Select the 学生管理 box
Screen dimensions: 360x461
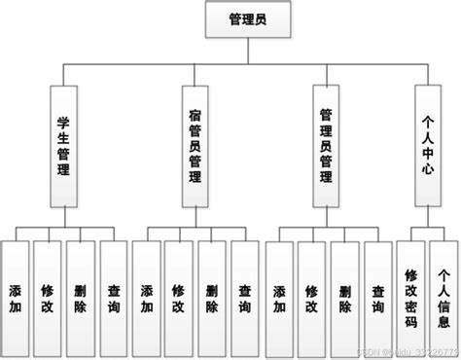[x=63, y=145]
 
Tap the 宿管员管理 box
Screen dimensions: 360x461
[x=195, y=145]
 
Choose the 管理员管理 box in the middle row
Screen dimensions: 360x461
[x=328, y=145]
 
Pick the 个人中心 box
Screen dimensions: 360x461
[x=427, y=145]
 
